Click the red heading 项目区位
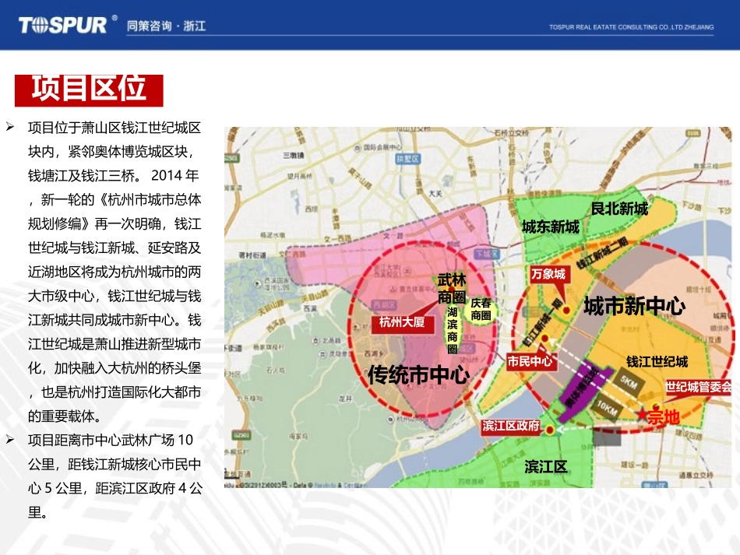pos(89,89)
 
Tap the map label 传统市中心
pos(418,375)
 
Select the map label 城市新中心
pos(634,306)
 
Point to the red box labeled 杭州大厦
pos(401,322)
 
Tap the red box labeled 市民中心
pos(530,361)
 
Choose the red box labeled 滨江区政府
pos(511,426)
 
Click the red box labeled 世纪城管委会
pos(699,386)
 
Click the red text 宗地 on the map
pos(664,419)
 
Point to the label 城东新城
pos(550,227)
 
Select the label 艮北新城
pos(618,209)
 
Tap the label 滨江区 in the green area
pos(545,466)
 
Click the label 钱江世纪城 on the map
pos(657,362)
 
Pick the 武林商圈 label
pos(451,287)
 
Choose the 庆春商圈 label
pos(481,309)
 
